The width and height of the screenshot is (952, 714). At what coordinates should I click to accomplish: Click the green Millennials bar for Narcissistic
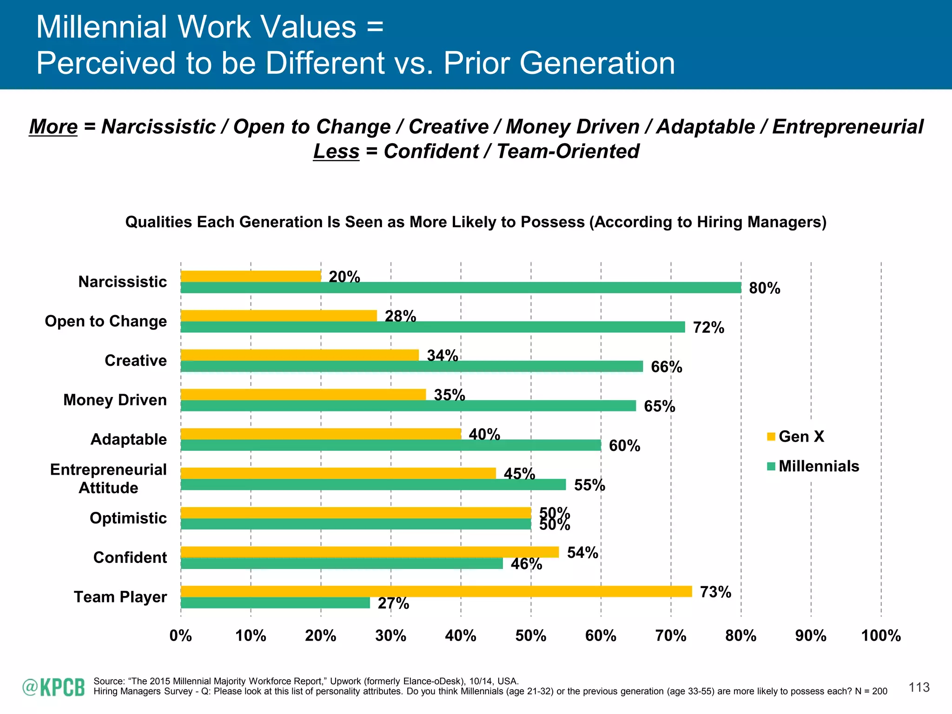(460, 288)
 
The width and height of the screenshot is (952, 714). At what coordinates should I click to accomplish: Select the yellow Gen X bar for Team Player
(436, 591)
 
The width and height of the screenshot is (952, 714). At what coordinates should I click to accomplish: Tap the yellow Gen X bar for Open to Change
(279, 316)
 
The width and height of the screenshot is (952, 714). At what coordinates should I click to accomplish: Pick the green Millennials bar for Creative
(411, 366)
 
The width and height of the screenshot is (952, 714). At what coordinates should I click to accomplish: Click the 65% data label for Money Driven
(659, 406)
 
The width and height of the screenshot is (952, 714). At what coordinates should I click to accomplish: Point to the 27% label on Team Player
(393, 603)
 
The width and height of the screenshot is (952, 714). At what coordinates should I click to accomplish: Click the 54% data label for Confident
(582, 552)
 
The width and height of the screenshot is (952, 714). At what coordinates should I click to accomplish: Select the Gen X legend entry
(796, 436)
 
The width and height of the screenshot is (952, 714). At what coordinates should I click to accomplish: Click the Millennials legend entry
(813, 466)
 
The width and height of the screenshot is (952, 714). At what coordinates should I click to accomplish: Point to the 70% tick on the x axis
(671, 635)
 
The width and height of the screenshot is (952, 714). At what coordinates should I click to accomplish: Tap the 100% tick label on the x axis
(881, 635)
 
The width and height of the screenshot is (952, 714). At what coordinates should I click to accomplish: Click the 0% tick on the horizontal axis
(181, 635)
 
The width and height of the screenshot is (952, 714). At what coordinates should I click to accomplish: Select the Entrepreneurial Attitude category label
(108, 478)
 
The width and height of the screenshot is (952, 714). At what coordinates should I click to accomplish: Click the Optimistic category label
(128, 518)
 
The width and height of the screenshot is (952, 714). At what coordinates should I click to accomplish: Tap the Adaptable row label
(129, 439)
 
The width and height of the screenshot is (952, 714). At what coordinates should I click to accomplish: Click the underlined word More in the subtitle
(53, 127)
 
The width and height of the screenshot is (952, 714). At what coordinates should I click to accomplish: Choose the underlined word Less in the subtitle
(336, 152)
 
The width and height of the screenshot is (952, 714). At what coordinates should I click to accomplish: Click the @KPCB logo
(53, 688)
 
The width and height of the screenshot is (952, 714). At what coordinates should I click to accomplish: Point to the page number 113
(919, 688)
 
